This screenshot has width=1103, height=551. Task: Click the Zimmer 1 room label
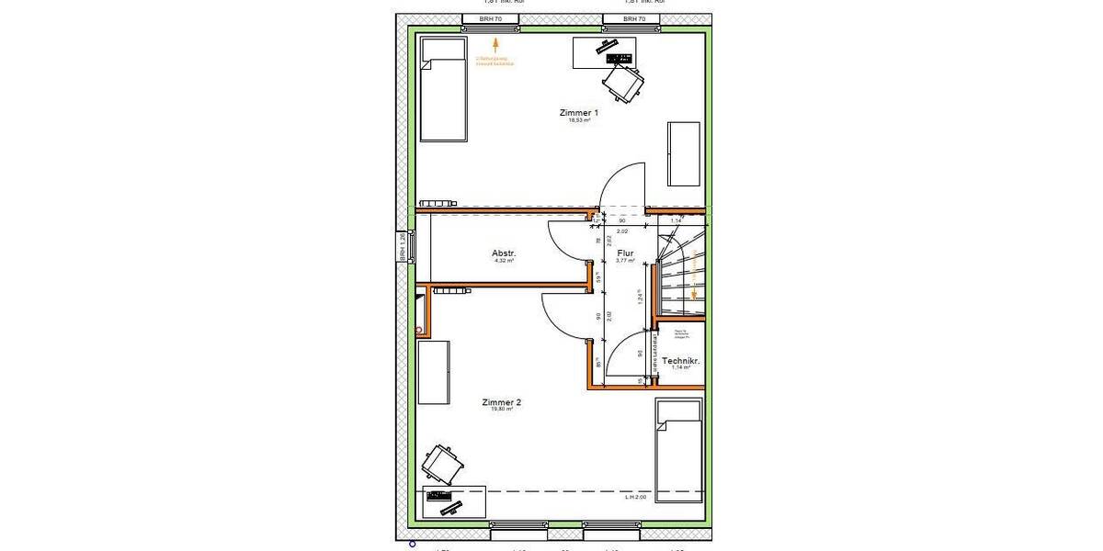[578, 113]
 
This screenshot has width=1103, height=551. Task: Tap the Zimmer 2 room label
[501, 402]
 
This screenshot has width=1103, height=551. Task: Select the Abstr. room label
[504, 253]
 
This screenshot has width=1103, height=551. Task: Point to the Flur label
[625, 253]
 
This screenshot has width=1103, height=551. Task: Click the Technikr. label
[681, 361]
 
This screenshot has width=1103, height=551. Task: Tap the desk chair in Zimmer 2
[442, 463]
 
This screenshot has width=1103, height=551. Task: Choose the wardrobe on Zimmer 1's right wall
[684, 152]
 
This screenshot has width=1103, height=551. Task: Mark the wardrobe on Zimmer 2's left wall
[433, 372]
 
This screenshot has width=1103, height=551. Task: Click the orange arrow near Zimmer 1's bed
[495, 42]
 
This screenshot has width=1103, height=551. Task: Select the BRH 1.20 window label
[402, 247]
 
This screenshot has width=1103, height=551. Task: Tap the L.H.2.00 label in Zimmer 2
[636, 497]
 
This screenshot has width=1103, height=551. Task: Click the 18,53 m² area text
[578, 120]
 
